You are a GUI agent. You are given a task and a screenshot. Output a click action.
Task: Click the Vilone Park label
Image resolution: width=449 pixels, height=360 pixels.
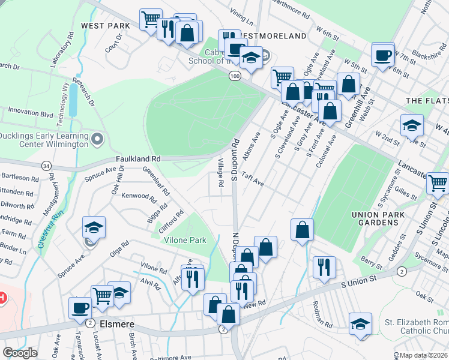pos(185,240)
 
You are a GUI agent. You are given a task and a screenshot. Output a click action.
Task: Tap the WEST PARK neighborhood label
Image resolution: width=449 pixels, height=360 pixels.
pos(106,26)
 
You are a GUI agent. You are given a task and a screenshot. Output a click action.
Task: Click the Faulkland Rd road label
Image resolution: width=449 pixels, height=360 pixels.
pos(138,158)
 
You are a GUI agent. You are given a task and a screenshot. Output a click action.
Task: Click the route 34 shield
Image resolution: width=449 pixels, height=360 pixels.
pos(46,165)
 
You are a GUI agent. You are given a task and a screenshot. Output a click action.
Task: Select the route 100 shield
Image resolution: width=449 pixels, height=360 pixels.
pos(235,76)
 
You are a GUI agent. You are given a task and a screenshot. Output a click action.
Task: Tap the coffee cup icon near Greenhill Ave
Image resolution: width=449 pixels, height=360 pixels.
pos(382,56)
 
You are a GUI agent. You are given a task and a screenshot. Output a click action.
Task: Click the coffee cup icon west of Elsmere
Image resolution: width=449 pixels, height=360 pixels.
pos(80,309)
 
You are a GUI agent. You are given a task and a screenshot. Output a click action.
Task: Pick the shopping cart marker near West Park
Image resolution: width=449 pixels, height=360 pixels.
pos(151,20)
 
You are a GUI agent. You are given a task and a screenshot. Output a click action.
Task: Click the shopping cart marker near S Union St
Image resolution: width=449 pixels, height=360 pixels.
pos(438,184)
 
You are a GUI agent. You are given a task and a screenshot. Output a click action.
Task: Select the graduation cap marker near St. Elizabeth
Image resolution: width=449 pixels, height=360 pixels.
pos(360,325)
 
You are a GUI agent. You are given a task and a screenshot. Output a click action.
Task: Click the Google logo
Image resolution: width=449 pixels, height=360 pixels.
pos(20,352)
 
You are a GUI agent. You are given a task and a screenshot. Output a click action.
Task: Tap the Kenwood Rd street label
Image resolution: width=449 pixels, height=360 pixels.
pos(139,196)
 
